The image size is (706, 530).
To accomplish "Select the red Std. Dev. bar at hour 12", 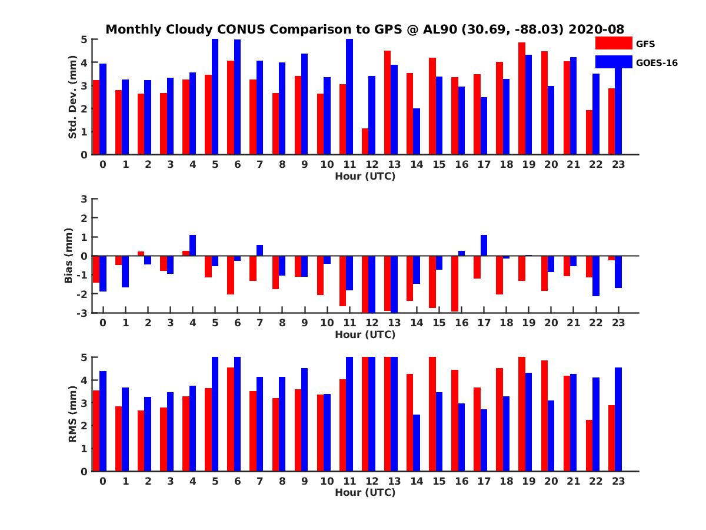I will (x=365, y=141).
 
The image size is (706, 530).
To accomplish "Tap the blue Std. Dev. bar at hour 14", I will (x=417, y=131).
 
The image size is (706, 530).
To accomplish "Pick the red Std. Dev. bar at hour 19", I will (x=522, y=98).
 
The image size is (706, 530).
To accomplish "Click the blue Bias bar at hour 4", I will (x=192, y=246).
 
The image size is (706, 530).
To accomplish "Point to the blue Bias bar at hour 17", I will (x=484, y=246).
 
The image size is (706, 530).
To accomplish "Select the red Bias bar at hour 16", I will (x=454, y=283).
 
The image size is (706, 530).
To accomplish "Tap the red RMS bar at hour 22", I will (x=589, y=445).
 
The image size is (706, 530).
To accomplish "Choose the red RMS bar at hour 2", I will (x=141, y=440).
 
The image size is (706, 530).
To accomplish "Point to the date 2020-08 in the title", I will (x=596, y=29).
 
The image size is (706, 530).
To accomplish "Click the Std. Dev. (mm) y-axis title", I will (x=73, y=97).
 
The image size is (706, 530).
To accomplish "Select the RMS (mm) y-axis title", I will (x=73, y=414).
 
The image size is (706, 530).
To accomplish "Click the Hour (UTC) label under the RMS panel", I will (x=365, y=492).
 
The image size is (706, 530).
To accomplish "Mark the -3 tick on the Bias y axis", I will (x=82, y=313).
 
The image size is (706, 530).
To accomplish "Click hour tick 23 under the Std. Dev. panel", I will (x=618, y=164).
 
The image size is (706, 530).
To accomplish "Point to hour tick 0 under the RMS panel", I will (x=103, y=481).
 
